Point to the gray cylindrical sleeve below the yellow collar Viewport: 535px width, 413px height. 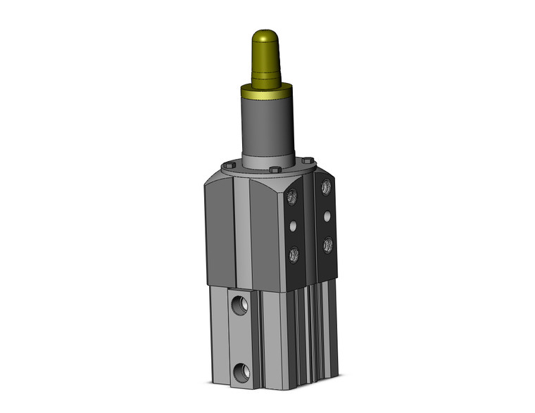point(268,127)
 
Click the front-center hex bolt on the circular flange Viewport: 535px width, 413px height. point(275,170)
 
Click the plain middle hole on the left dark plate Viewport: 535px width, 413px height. point(293,227)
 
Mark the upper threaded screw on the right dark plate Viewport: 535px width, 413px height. point(326,187)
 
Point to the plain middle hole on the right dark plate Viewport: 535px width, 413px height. point(327,215)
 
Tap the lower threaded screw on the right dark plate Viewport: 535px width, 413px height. point(327,244)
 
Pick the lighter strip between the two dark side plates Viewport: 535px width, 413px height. point(310,225)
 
